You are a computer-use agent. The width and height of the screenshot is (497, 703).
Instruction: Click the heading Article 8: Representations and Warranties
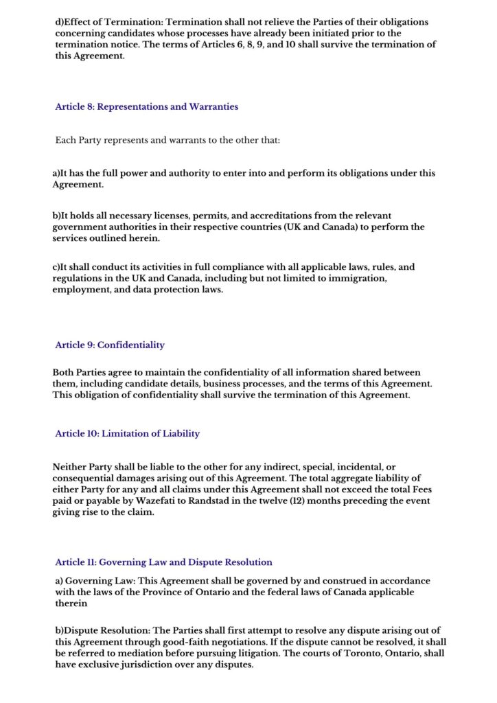coord(146,107)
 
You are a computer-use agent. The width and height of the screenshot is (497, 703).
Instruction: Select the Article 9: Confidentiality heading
coord(110,345)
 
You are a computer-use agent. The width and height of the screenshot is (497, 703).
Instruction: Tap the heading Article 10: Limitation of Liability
coord(128,433)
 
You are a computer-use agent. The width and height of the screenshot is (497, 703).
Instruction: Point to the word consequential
coord(86,478)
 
